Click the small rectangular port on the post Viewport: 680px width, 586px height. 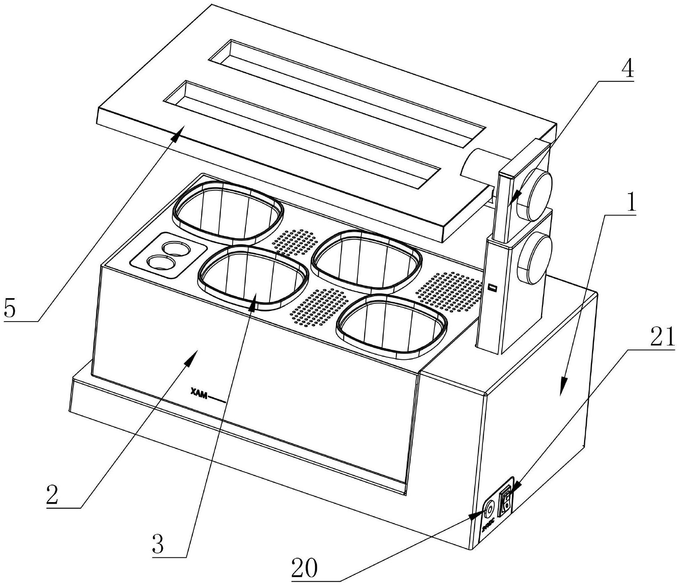click(x=493, y=287)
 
